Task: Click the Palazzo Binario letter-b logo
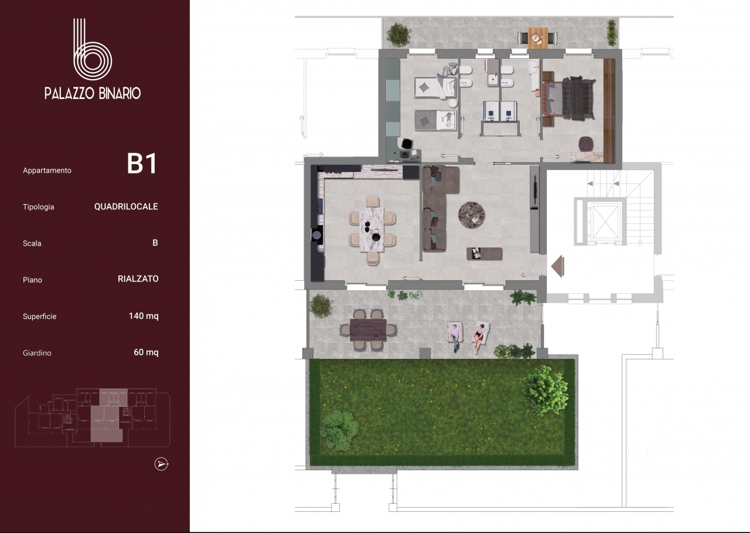[92, 50]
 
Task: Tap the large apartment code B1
[142, 164]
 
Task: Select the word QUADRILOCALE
[126, 206]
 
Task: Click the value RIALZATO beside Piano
[138, 279]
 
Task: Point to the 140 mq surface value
[144, 316]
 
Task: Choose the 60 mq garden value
[146, 352]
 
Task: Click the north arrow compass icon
[161, 464]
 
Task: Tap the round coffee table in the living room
[472, 215]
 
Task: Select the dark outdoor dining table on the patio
[368, 330]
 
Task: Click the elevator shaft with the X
[605, 222]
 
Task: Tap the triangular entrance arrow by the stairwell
[558, 266]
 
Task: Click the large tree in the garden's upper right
[545, 391]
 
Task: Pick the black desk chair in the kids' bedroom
[407, 144]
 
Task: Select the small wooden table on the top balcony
[538, 38]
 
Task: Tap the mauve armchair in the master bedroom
[585, 144]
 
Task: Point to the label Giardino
[37, 353]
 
